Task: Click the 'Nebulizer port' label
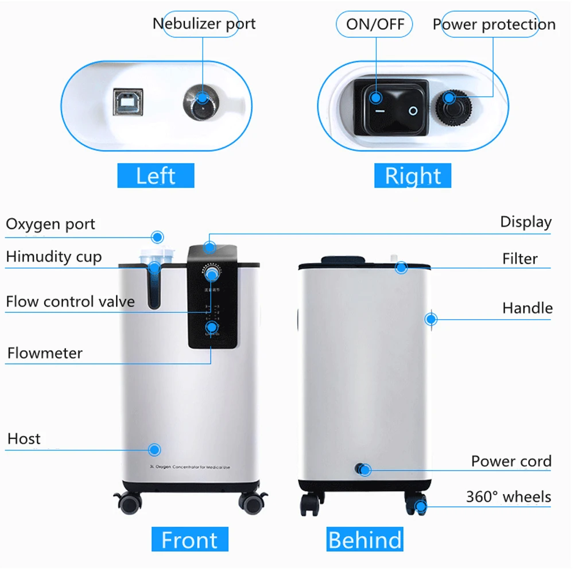pyautogui.click(x=204, y=24)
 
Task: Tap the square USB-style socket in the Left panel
pyautogui.click(x=125, y=102)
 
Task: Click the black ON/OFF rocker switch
pyautogui.click(x=391, y=107)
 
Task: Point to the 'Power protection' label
pyautogui.click(x=494, y=25)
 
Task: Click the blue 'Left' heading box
pyautogui.click(x=156, y=176)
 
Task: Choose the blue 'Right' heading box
pyautogui.click(x=413, y=176)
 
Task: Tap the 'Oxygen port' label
pyautogui.click(x=51, y=224)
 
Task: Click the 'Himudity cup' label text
pyautogui.click(x=53, y=257)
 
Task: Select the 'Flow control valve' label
pyautogui.click(x=70, y=301)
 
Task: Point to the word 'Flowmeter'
pyautogui.click(x=45, y=353)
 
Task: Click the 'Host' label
pyautogui.click(x=24, y=439)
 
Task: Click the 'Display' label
pyautogui.click(x=525, y=222)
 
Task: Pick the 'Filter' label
pyautogui.click(x=519, y=259)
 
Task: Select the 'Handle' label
pyautogui.click(x=527, y=308)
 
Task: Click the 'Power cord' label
pyautogui.click(x=511, y=461)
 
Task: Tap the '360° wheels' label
pyautogui.click(x=508, y=497)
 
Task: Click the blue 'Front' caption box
pyautogui.click(x=189, y=540)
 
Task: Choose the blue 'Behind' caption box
pyautogui.click(x=364, y=540)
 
